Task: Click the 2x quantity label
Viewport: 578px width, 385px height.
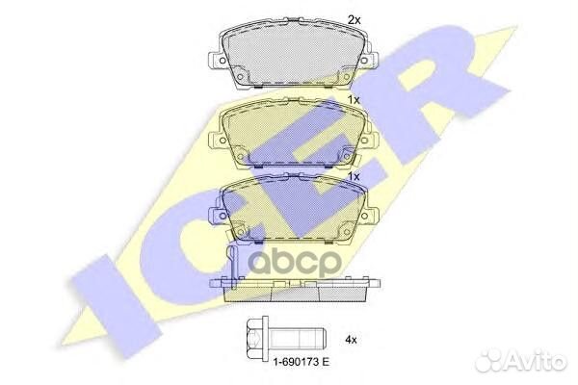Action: click(353, 19)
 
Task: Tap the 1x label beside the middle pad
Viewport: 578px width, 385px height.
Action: click(354, 99)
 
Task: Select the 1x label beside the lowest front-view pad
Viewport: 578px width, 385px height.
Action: click(354, 177)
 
